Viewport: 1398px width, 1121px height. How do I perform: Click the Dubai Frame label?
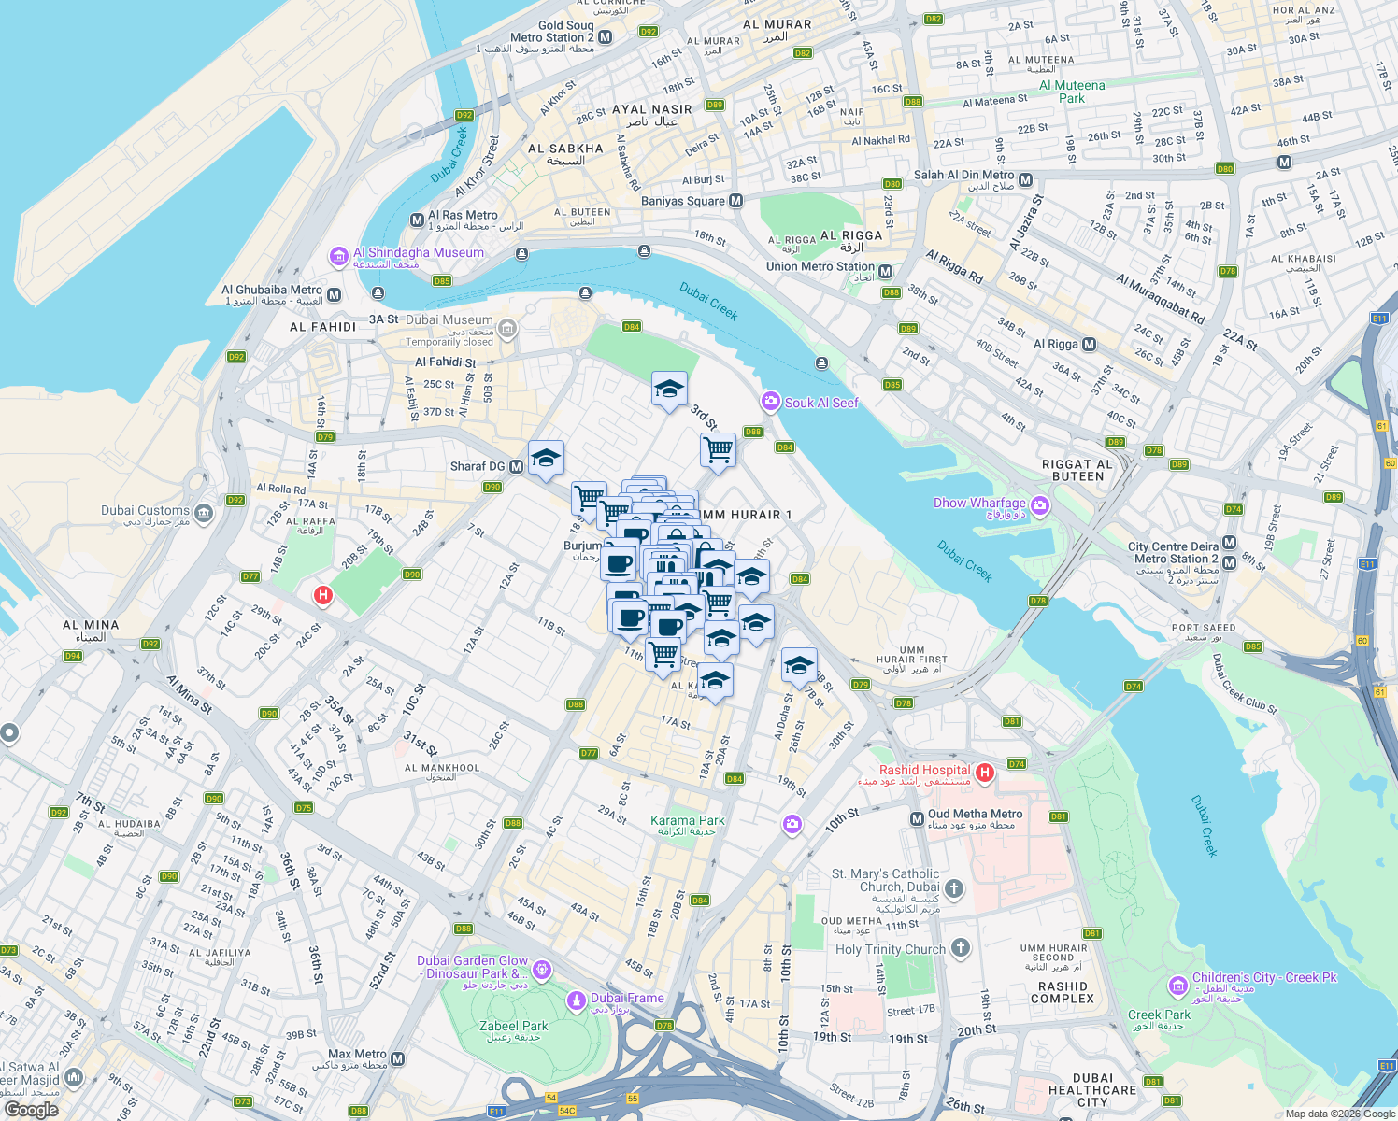pos(627,998)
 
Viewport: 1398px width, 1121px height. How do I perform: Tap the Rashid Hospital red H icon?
pos(984,773)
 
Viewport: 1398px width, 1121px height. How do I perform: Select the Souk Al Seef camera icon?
pos(771,402)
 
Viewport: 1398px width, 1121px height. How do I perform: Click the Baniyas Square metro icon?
pos(736,201)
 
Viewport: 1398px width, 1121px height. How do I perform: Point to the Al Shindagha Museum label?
pos(418,252)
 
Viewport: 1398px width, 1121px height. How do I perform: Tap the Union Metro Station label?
pos(820,266)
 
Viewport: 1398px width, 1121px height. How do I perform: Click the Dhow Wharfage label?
pos(979,503)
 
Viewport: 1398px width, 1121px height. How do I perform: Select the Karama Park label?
pos(688,820)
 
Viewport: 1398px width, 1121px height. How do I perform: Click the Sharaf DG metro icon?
pos(516,466)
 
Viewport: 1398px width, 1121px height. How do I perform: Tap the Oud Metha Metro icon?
pos(917,818)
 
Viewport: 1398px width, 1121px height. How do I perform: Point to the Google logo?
pos(31,1109)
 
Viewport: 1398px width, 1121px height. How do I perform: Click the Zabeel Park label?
pos(513,1026)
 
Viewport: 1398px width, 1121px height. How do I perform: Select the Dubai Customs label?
pos(145,510)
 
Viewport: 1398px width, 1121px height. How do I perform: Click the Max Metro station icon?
pos(398,1059)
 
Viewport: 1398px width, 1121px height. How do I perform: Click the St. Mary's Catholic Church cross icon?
pos(953,887)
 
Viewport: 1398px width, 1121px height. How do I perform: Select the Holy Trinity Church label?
pos(891,949)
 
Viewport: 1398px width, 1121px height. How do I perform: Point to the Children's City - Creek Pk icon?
pos(1177,986)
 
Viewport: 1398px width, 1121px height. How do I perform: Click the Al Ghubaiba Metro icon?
pos(335,295)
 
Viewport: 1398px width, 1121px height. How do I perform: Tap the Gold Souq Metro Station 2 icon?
pos(606,37)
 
